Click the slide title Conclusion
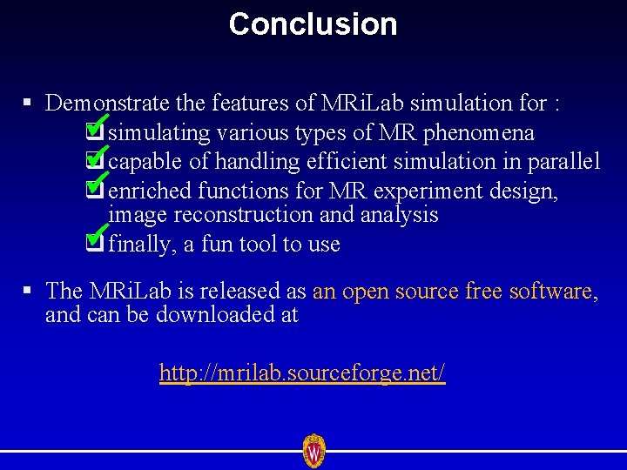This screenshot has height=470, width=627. [313, 24]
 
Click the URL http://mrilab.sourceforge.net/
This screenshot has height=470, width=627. [302, 373]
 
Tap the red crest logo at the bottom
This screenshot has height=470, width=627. [313, 451]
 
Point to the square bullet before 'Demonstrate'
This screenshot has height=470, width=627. [28, 104]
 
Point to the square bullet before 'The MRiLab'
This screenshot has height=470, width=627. [28, 291]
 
